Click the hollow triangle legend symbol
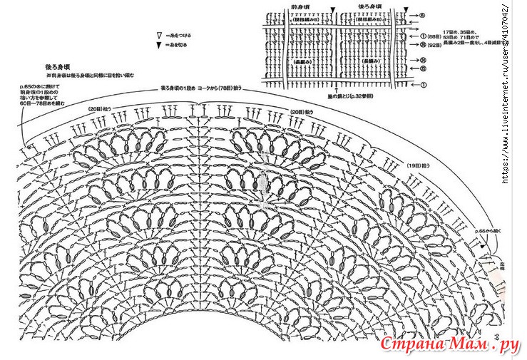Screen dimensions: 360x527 pos(158,34)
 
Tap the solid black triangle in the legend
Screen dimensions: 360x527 pos(158,46)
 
